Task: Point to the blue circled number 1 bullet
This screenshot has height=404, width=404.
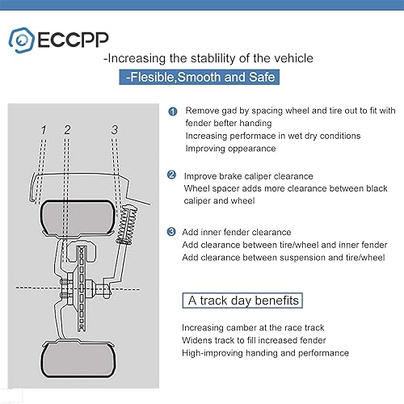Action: (x=172, y=111)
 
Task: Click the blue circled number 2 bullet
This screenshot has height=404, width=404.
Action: (x=172, y=175)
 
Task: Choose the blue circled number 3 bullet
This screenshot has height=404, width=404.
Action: (x=172, y=233)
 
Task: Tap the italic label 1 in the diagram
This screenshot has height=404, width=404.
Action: (x=44, y=129)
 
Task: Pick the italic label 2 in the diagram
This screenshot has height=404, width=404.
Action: (x=67, y=129)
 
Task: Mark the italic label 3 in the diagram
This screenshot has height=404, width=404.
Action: (x=115, y=129)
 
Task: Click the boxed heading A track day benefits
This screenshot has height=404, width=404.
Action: (x=243, y=301)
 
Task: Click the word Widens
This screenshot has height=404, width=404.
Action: (x=199, y=340)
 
